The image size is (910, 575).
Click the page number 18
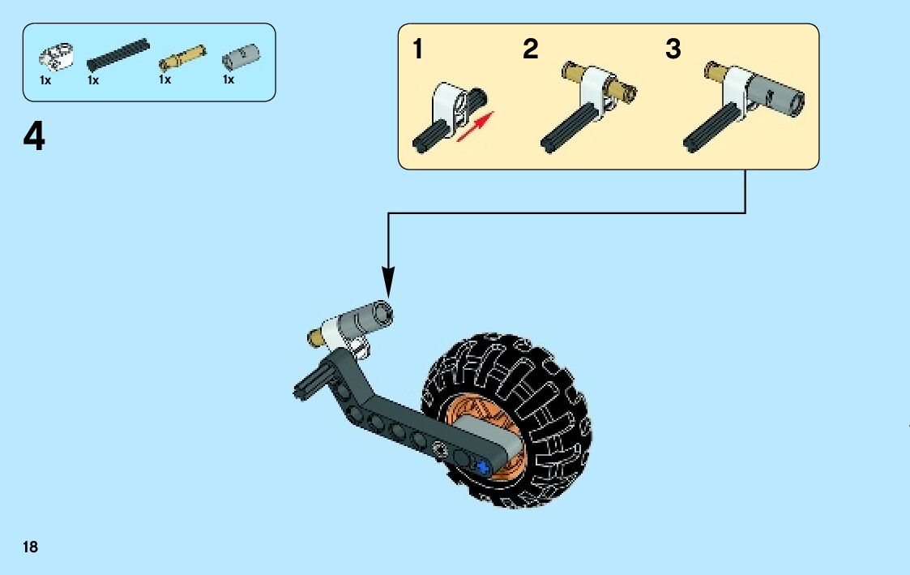click(30, 547)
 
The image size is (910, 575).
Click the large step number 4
click(34, 138)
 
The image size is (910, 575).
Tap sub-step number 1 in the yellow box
click(417, 50)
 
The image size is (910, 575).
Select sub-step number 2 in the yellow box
click(530, 50)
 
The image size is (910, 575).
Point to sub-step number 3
click(673, 50)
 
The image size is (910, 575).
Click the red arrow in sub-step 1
click(476, 128)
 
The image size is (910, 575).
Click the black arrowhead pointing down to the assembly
click(388, 283)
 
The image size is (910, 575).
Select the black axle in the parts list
click(118, 54)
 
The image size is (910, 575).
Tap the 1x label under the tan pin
click(164, 80)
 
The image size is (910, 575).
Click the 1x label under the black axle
click(93, 80)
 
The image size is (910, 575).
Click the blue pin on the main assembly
click(484, 466)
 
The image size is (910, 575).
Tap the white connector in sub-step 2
click(594, 87)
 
